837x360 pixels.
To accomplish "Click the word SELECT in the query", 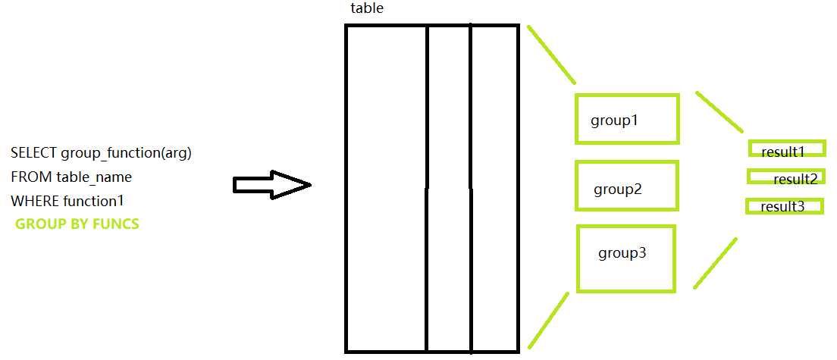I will (x=33, y=153).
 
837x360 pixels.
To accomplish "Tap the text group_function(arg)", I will (x=126, y=153).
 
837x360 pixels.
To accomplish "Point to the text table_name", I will (x=94, y=177).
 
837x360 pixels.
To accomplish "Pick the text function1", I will (x=94, y=202).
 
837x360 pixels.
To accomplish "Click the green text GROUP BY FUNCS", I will (x=77, y=224).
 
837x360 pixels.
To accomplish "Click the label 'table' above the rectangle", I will (x=367, y=8).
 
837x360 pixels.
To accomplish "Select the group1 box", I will (x=627, y=119).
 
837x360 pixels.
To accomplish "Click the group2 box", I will (x=626, y=186).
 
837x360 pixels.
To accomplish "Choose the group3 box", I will (x=625, y=258).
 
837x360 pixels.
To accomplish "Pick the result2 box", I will (x=785, y=177).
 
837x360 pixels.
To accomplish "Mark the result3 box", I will (x=784, y=205).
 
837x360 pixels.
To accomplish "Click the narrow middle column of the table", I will (x=449, y=189).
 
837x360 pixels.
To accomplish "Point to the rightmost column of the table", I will (x=494, y=189).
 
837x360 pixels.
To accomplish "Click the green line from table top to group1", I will (x=551, y=54).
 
